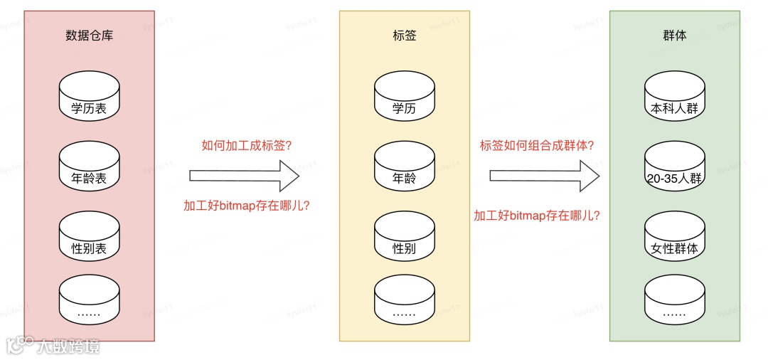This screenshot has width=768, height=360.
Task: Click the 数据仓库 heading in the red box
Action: pyautogui.click(x=90, y=35)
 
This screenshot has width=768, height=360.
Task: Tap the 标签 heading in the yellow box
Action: pyautogui.click(x=404, y=35)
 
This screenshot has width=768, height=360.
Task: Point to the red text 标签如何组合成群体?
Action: pyautogui.click(x=538, y=146)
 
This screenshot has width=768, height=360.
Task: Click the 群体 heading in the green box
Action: pyautogui.click(x=674, y=35)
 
